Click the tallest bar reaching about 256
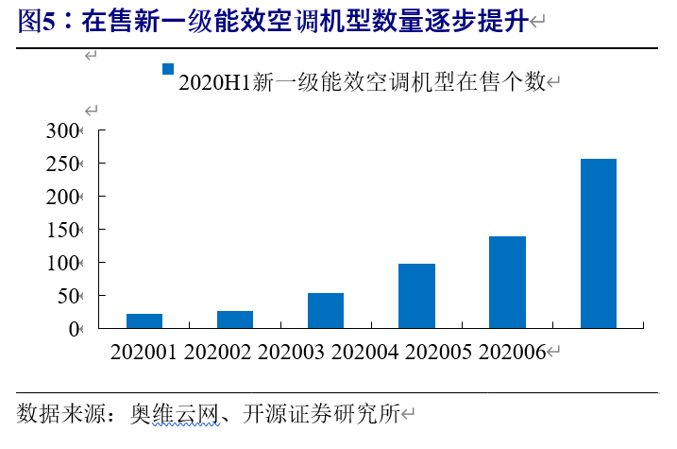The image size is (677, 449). coord(598,243)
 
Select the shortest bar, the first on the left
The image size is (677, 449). coord(144,320)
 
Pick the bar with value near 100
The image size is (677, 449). coord(416,296)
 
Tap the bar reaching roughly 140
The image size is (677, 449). coord(507,282)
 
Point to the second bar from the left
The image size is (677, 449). coord(235,319)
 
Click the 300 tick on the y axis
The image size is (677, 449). coord(64,130)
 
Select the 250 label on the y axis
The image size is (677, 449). coord(64,164)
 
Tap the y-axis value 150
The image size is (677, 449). coord(64,230)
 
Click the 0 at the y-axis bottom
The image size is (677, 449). coord(75,329)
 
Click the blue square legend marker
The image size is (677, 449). coord(168,69)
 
